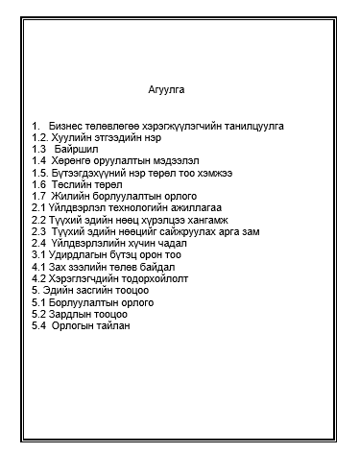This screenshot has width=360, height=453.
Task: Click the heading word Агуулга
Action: [x=167, y=90]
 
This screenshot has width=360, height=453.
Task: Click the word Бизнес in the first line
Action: [x=65, y=126]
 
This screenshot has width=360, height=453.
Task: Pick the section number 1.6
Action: [x=39, y=183]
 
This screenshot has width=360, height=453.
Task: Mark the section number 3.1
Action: [x=38, y=253]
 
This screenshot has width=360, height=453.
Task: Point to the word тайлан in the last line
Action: [x=110, y=323]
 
